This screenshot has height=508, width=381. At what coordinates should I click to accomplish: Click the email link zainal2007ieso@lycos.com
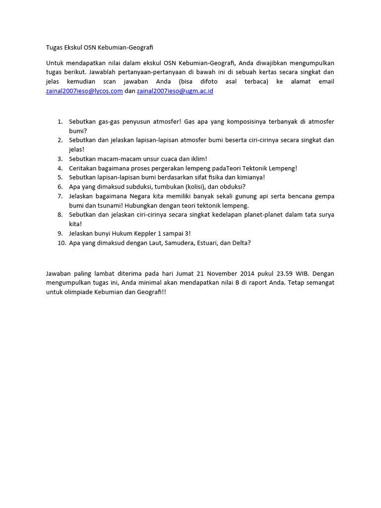tap(84, 91)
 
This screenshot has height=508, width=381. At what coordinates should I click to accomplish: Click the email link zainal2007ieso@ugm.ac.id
tap(175, 91)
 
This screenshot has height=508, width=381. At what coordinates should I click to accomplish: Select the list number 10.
tap(59, 243)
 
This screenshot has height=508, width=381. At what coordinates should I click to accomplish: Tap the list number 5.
tap(60, 177)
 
